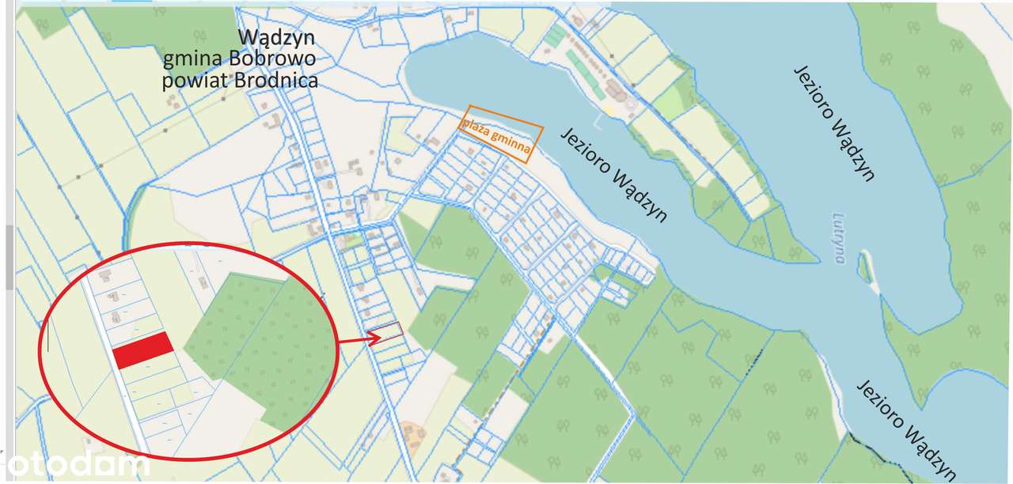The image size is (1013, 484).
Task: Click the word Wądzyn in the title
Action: [277, 38]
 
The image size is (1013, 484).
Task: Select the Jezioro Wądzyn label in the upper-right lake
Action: [834, 123]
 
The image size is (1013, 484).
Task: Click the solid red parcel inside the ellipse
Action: [143, 350]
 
